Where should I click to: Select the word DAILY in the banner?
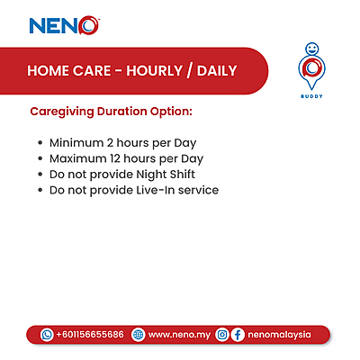pyautogui.click(x=215, y=70)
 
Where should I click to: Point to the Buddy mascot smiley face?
pyautogui.click(x=311, y=47)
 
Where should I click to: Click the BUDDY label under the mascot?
pyautogui.click(x=311, y=94)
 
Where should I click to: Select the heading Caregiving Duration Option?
pyautogui.click(x=112, y=115)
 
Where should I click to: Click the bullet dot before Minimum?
pyautogui.click(x=40, y=143)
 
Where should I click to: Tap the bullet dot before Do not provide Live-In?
pyautogui.click(x=40, y=191)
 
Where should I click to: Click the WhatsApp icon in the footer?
pyautogui.click(x=47, y=334)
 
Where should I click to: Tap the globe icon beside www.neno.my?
pyautogui.click(x=138, y=334)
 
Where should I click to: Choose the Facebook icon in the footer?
pyautogui.click(x=238, y=334)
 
